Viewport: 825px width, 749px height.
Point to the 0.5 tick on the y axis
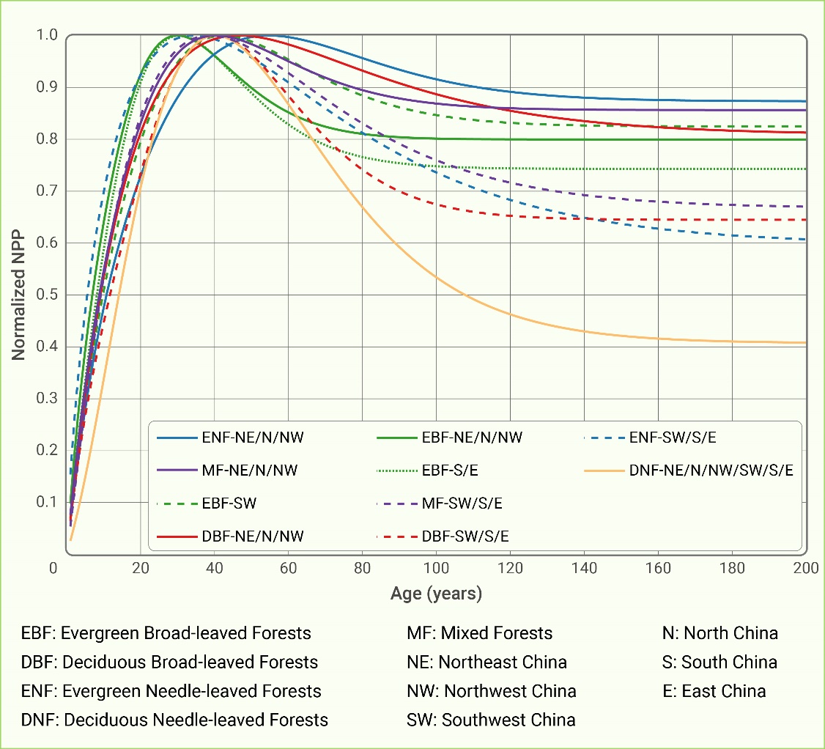(x=48, y=295)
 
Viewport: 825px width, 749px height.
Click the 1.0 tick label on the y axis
(x=48, y=35)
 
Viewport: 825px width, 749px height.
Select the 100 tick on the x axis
(x=436, y=569)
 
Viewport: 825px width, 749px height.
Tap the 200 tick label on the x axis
(x=806, y=569)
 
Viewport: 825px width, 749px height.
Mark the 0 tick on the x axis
(x=53, y=569)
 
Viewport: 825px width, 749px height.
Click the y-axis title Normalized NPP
(x=18, y=296)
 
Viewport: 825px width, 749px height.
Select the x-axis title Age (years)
(x=436, y=593)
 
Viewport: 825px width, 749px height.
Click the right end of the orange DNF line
(x=806, y=342)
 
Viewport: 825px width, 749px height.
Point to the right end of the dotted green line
(x=806, y=169)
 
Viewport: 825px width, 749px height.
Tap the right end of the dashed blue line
(x=806, y=239)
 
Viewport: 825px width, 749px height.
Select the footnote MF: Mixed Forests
(x=479, y=632)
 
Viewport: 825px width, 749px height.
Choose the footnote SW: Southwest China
(x=491, y=720)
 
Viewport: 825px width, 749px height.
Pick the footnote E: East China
(x=714, y=690)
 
